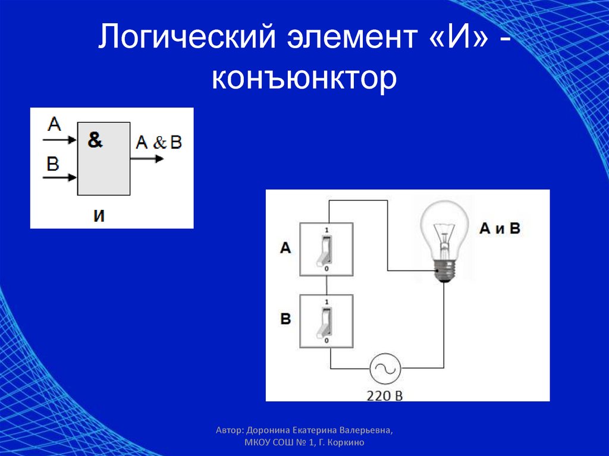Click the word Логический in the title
[187, 37]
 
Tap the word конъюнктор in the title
[304, 78]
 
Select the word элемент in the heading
[351, 37]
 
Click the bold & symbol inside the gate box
[95, 140]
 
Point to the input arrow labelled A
[60, 140]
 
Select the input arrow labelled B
[60, 178]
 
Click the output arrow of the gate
[147, 159]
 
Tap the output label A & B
[159, 143]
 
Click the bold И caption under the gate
[99, 216]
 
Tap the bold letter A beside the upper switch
[285, 248]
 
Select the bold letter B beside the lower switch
[285, 319]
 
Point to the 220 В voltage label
[385, 395]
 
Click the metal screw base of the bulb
[444, 271]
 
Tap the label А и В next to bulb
[500, 228]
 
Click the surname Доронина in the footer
[268, 430]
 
